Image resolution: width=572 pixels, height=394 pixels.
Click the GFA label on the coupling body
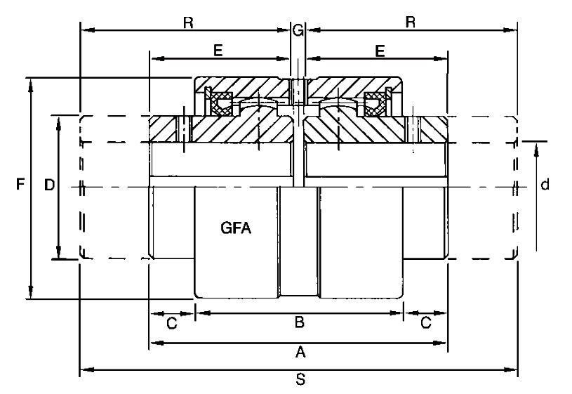236,228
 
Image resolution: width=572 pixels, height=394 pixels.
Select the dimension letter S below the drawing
300,379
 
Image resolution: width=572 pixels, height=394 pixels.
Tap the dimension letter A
300,353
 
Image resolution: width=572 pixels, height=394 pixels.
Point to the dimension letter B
300,322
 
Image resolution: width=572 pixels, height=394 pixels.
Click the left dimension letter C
172,323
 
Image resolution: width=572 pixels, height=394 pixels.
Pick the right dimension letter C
426,323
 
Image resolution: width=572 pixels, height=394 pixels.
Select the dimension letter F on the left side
20,184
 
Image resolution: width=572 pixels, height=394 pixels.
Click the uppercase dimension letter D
49,185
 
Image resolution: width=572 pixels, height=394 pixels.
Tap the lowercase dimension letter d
545,185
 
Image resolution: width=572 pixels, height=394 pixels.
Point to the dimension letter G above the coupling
298,30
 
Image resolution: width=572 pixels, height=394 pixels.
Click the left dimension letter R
188,22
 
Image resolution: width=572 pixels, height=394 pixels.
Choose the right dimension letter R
411,22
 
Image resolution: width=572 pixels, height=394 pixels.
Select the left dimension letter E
218,51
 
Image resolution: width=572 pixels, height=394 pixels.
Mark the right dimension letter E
380,51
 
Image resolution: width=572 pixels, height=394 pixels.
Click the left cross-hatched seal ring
221,104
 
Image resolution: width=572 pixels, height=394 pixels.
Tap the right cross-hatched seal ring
375,104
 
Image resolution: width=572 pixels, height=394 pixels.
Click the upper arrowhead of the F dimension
31,85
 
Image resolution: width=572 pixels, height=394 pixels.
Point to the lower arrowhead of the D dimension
58,251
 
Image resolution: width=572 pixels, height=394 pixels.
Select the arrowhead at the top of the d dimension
536,150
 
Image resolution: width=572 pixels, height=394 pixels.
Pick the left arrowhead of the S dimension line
87,370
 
